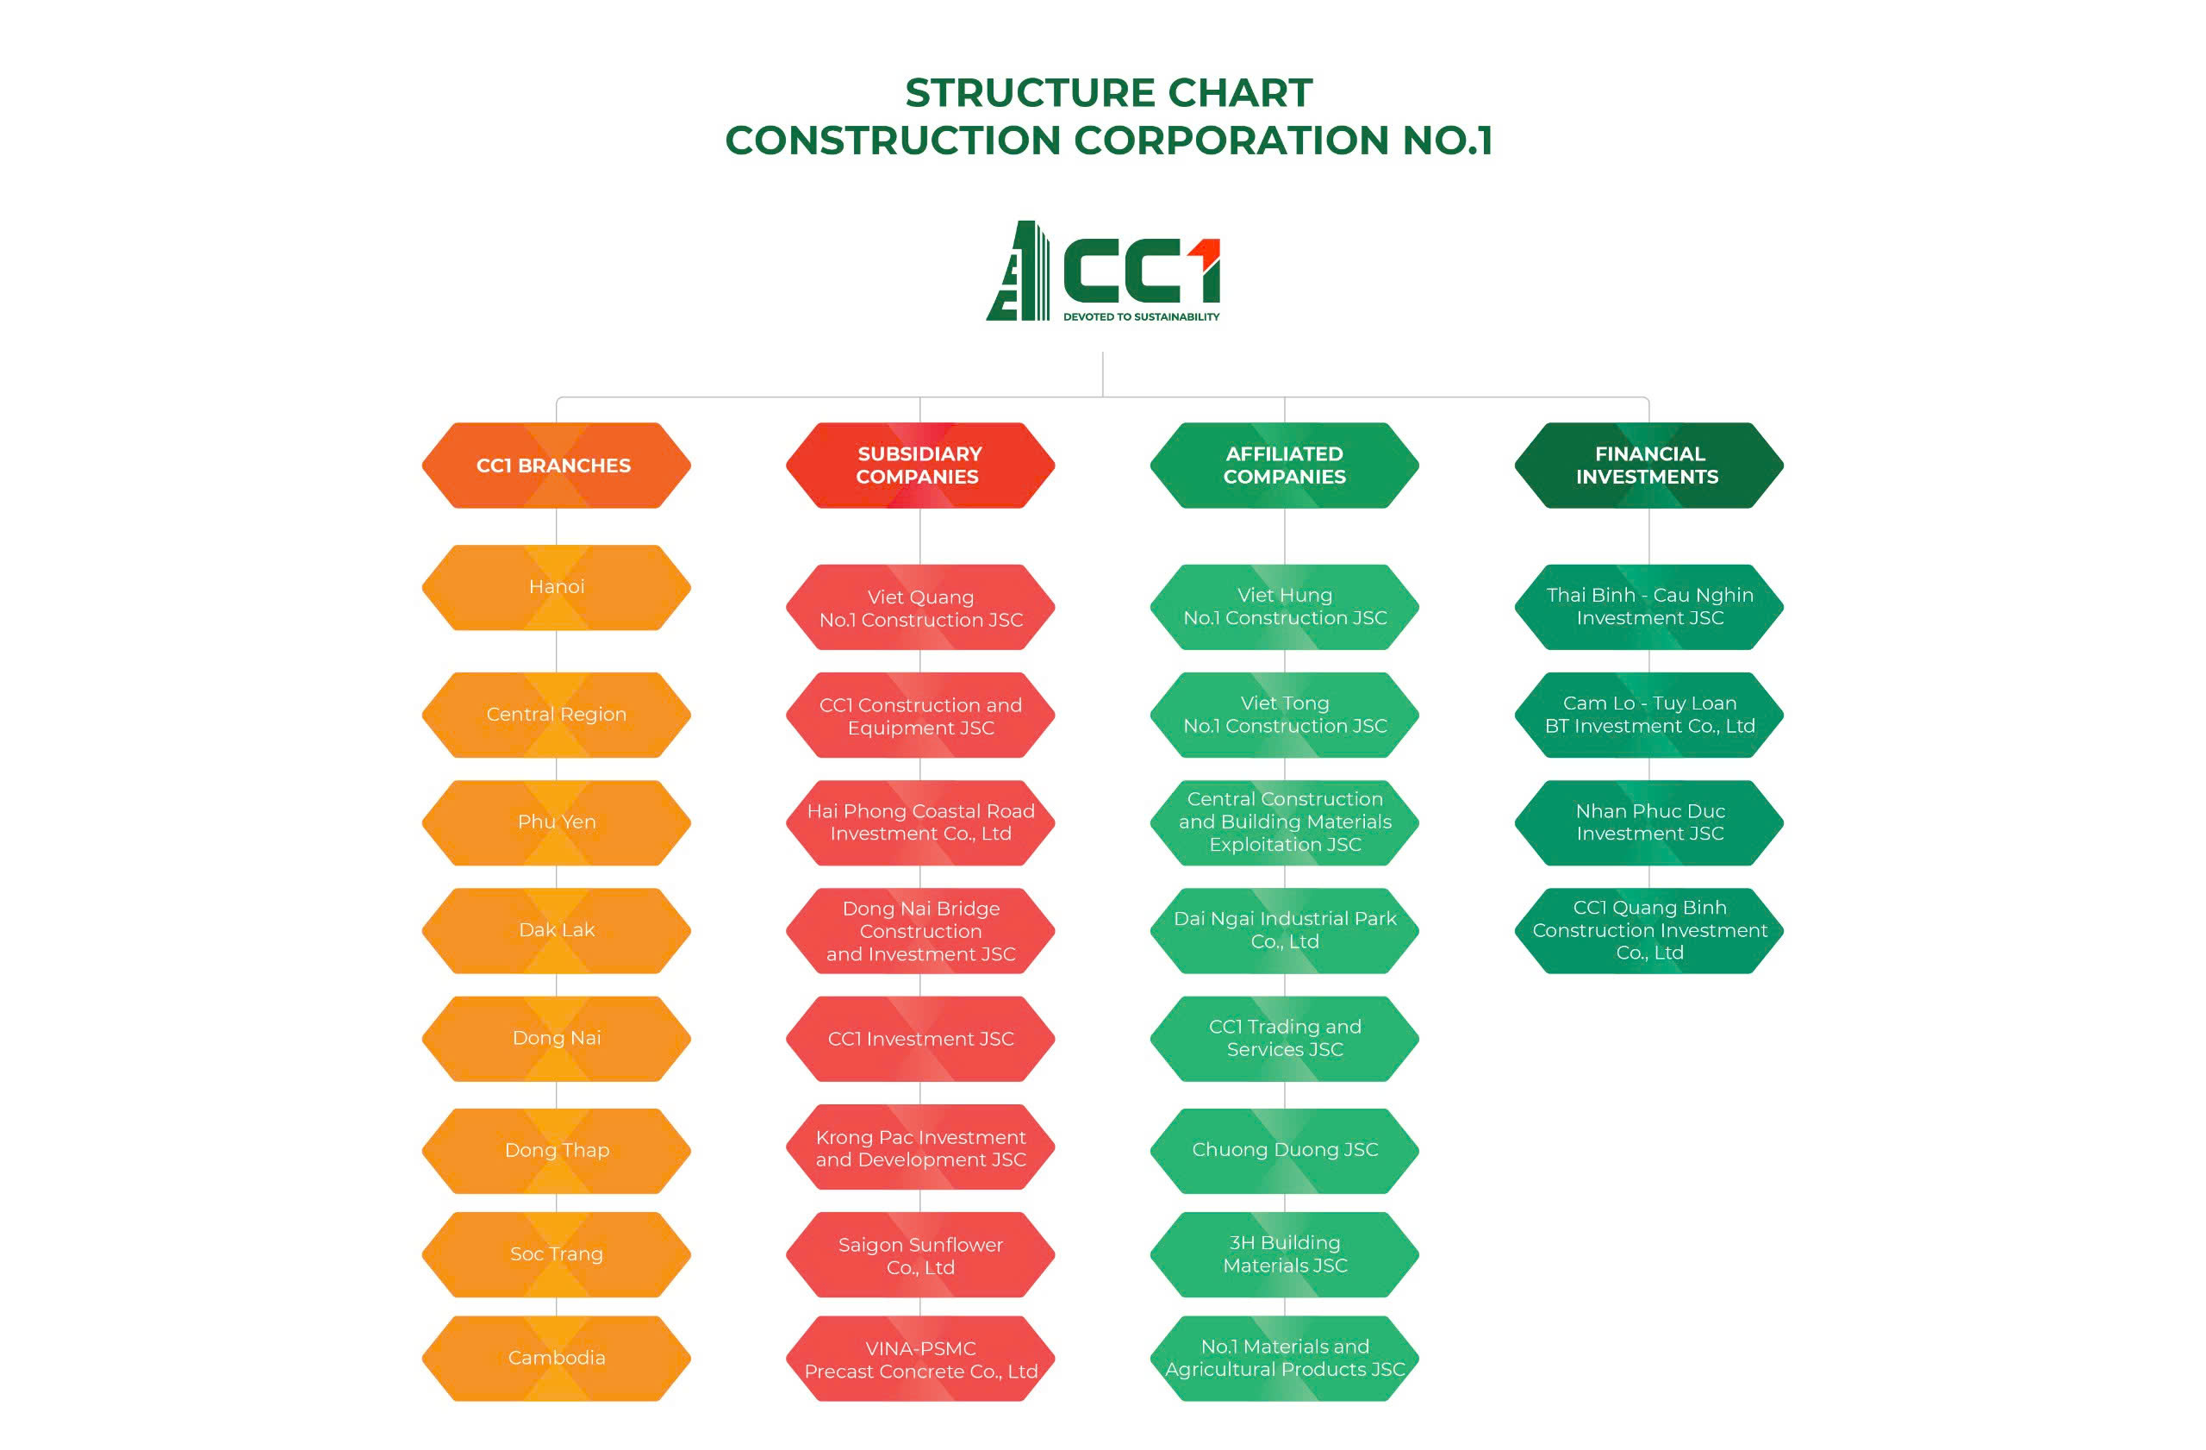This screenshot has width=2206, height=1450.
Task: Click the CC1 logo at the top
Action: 1102,271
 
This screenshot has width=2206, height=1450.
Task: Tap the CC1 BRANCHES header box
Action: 556,466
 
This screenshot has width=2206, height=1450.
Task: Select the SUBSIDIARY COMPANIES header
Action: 920,466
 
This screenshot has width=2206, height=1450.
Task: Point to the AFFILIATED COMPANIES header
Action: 1285,466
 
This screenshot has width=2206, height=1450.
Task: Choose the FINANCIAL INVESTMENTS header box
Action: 1649,466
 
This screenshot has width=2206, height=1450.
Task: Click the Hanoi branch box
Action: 556,588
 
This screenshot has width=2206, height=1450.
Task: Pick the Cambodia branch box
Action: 556,1359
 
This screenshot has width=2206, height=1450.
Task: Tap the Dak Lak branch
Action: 556,931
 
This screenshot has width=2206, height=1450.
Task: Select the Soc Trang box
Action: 556,1254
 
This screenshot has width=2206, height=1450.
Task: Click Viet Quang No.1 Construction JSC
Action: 920,607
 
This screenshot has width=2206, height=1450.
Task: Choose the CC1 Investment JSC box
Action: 920,1040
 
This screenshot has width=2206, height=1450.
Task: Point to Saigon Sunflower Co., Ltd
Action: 920,1254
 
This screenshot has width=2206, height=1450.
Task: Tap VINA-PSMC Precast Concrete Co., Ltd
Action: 920,1359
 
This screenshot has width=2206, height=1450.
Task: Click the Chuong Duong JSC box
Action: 1285,1151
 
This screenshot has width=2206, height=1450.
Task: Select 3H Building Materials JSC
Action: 1285,1254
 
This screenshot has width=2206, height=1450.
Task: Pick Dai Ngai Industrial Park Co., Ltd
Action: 1285,931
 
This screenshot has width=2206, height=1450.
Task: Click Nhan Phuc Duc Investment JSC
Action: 1649,823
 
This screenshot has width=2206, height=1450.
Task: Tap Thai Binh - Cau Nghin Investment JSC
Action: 1649,607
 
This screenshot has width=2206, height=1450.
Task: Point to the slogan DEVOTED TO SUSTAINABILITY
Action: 1141,317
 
